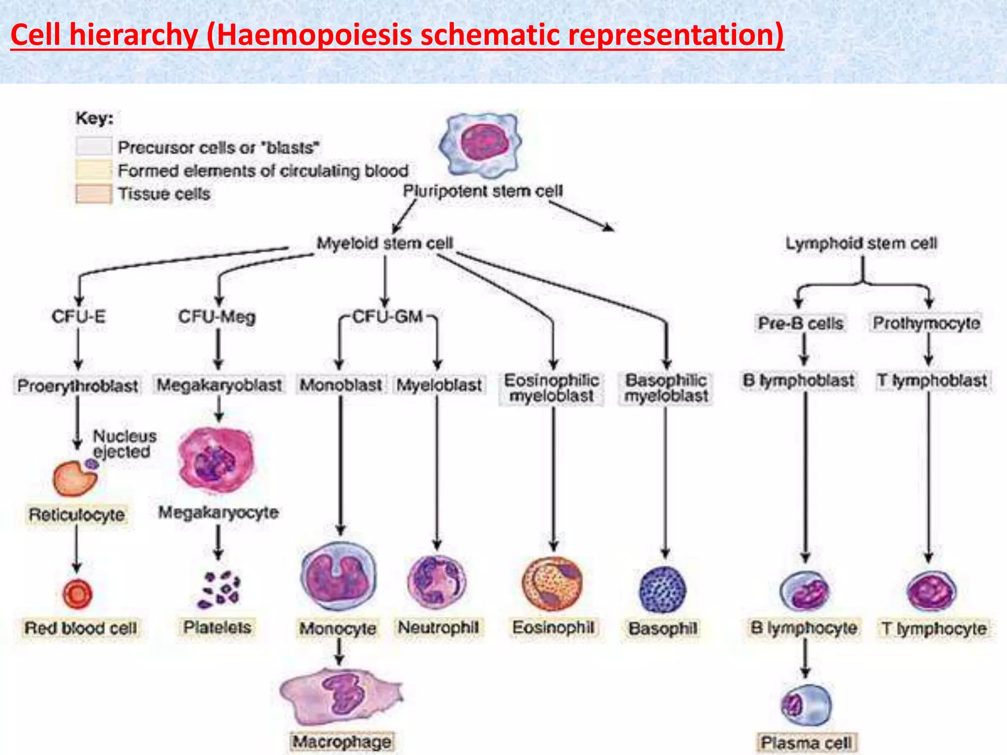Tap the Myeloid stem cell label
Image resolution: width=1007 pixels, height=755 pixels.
pyautogui.click(x=385, y=243)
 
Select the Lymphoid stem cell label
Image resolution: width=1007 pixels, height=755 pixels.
pyautogui.click(x=861, y=243)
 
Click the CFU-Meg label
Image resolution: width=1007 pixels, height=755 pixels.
pyautogui.click(x=217, y=317)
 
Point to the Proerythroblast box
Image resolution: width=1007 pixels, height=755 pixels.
pyautogui.click(x=78, y=386)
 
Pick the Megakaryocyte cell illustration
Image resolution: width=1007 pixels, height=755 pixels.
pyautogui.click(x=217, y=460)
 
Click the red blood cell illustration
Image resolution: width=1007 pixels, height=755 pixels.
pyautogui.click(x=77, y=594)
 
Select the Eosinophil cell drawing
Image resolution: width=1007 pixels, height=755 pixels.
pyautogui.click(x=553, y=584)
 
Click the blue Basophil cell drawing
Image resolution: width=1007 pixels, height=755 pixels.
pyautogui.click(x=663, y=589)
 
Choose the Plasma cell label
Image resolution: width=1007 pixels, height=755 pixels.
pyautogui.click(x=806, y=742)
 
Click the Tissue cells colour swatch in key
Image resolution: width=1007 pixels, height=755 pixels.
pyautogui.click(x=93, y=194)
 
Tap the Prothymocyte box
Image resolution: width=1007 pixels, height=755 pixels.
pyautogui.click(x=926, y=323)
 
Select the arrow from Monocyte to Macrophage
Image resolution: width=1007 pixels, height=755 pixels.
pyautogui.click(x=339, y=652)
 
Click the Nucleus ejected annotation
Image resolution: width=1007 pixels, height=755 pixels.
pyautogui.click(x=124, y=444)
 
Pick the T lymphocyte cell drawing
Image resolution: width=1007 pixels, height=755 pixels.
pyautogui.click(x=931, y=591)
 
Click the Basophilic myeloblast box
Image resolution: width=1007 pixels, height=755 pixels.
pyautogui.click(x=666, y=388)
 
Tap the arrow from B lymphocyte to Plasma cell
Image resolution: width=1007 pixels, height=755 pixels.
pyautogui.click(x=805, y=659)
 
